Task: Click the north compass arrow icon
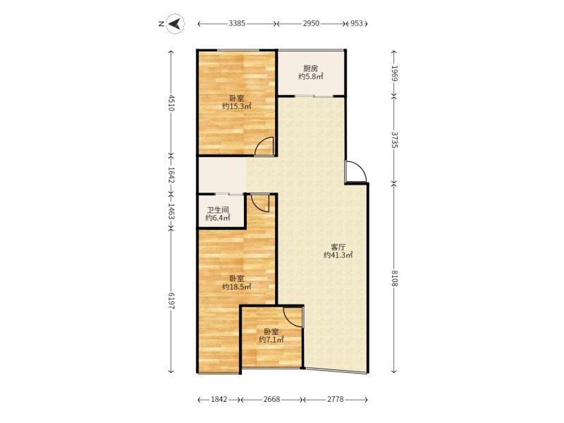point(175,24)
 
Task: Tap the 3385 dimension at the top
point(237,23)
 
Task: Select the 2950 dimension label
point(311,23)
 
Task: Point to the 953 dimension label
point(357,23)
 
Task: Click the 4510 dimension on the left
point(171,103)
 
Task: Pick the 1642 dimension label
point(171,175)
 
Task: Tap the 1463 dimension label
point(171,211)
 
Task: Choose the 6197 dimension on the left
point(171,301)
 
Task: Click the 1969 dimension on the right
point(394,73)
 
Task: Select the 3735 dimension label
point(394,140)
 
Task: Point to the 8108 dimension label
point(394,278)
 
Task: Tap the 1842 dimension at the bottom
point(219,400)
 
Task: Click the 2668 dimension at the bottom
point(271,400)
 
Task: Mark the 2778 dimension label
point(336,400)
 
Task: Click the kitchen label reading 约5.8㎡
point(311,76)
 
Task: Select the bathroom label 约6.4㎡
point(218,218)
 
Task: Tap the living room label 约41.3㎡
point(338,255)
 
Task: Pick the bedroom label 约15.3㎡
point(237,106)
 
